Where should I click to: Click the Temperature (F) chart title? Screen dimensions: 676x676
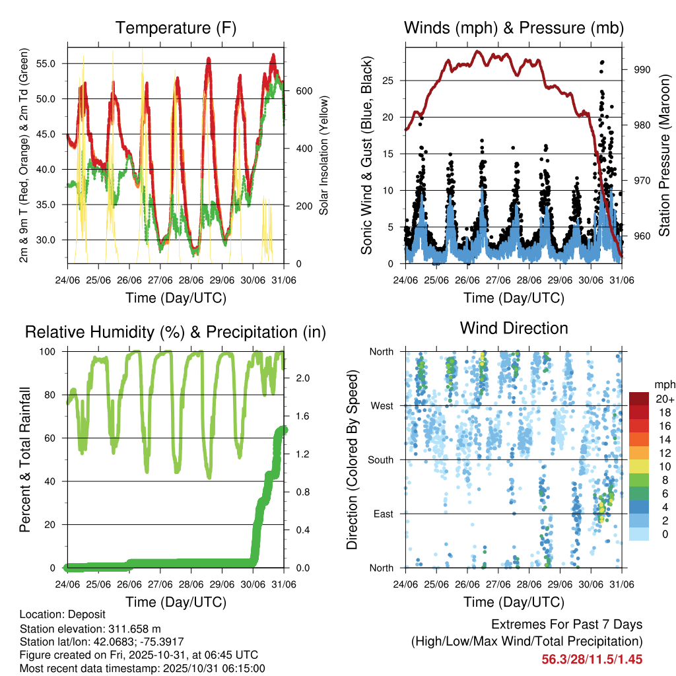pyautogui.click(x=176, y=28)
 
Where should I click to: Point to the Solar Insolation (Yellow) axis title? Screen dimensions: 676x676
pyautogui.click(x=324, y=154)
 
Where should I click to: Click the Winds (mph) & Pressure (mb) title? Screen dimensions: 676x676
pyautogui.click(x=514, y=28)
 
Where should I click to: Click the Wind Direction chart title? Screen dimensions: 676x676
pyautogui.click(x=514, y=328)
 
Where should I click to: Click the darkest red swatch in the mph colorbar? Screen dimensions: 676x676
pyautogui.click(x=639, y=399)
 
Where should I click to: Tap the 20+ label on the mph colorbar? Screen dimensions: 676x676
pyautogui.click(x=663, y=399)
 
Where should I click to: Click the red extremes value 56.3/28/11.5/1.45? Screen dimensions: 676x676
pyautogui.click(x=592, y=659)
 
